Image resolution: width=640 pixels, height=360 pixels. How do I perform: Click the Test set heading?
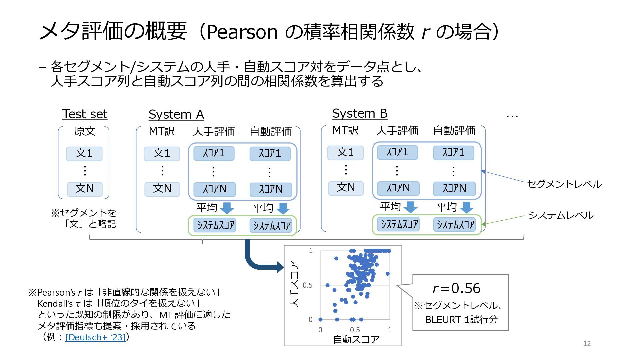click(85, 114)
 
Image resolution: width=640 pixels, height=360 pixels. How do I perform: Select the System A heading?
click(176, 114)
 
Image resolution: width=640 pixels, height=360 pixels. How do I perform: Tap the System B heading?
click(360, 113)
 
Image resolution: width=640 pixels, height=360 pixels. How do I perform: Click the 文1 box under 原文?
click(84, 153)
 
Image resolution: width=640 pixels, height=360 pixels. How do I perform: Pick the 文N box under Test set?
click(85, 189)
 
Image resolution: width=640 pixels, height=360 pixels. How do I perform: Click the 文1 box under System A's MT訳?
click(162, 153)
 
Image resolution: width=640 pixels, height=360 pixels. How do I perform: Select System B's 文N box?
click(346, 188)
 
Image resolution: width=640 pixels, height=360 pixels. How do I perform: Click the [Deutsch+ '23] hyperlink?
click(96, 337)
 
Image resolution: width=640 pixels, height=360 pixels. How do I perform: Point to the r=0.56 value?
click(456, 288)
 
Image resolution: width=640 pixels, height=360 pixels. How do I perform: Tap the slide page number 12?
click(587, 344)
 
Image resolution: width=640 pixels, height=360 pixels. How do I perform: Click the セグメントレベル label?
click(564, 184)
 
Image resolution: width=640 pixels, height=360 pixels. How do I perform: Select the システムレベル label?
click(561, 215)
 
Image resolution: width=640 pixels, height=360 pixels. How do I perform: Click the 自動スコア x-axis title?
click(356, 339)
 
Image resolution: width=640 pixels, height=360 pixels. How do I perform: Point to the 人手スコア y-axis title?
click(294, 284)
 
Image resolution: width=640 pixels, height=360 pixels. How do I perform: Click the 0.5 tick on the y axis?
click(307, 285)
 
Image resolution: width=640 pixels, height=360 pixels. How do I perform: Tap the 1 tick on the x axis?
click(390, 330)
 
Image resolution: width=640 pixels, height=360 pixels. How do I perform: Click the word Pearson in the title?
click(242, 32)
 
